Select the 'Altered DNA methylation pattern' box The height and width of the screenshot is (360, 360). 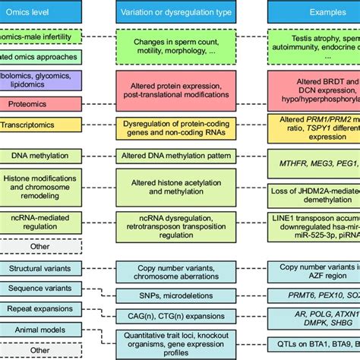click(180, 156)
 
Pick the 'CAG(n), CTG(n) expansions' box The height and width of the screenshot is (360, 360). click(180, 313)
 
